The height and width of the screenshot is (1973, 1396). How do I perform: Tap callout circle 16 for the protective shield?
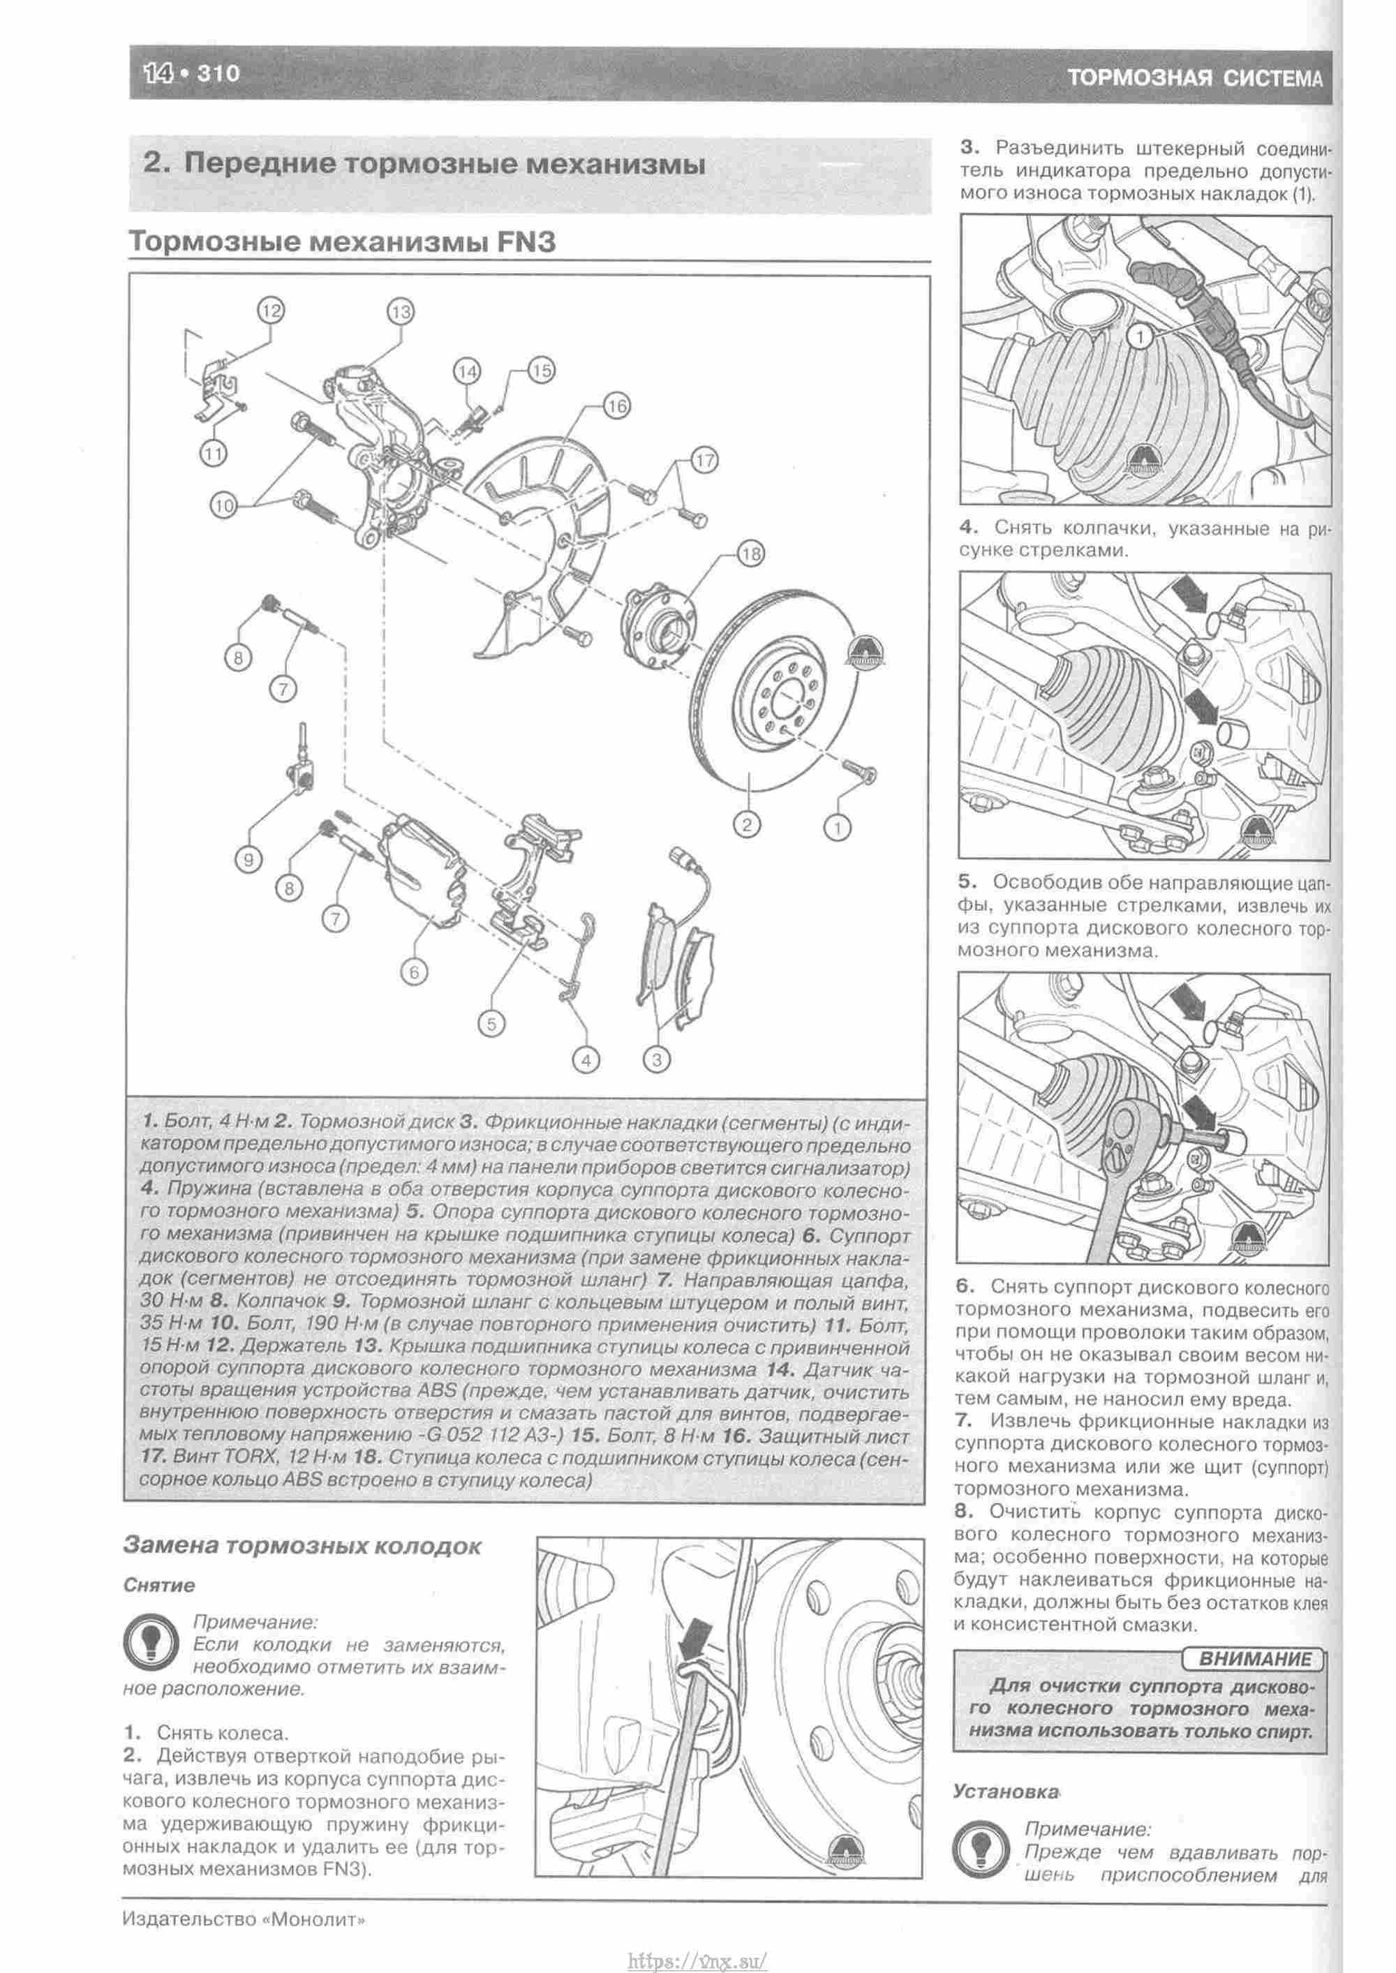point(616,405)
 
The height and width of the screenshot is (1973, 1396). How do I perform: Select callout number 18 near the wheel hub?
point(750,554)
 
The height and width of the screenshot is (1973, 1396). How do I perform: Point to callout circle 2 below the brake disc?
point(746,825)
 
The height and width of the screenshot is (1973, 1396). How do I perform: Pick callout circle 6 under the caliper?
point(413,972)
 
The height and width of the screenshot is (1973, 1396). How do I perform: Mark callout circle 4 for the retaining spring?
point(586,1060)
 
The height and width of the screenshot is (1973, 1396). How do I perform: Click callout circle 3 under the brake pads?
point(657,1059)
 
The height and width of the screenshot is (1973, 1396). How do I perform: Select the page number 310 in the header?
point(218,75)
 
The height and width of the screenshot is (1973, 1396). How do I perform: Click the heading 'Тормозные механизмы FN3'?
point(341,241)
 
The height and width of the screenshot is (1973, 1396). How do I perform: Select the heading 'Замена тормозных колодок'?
point(302,1546)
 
